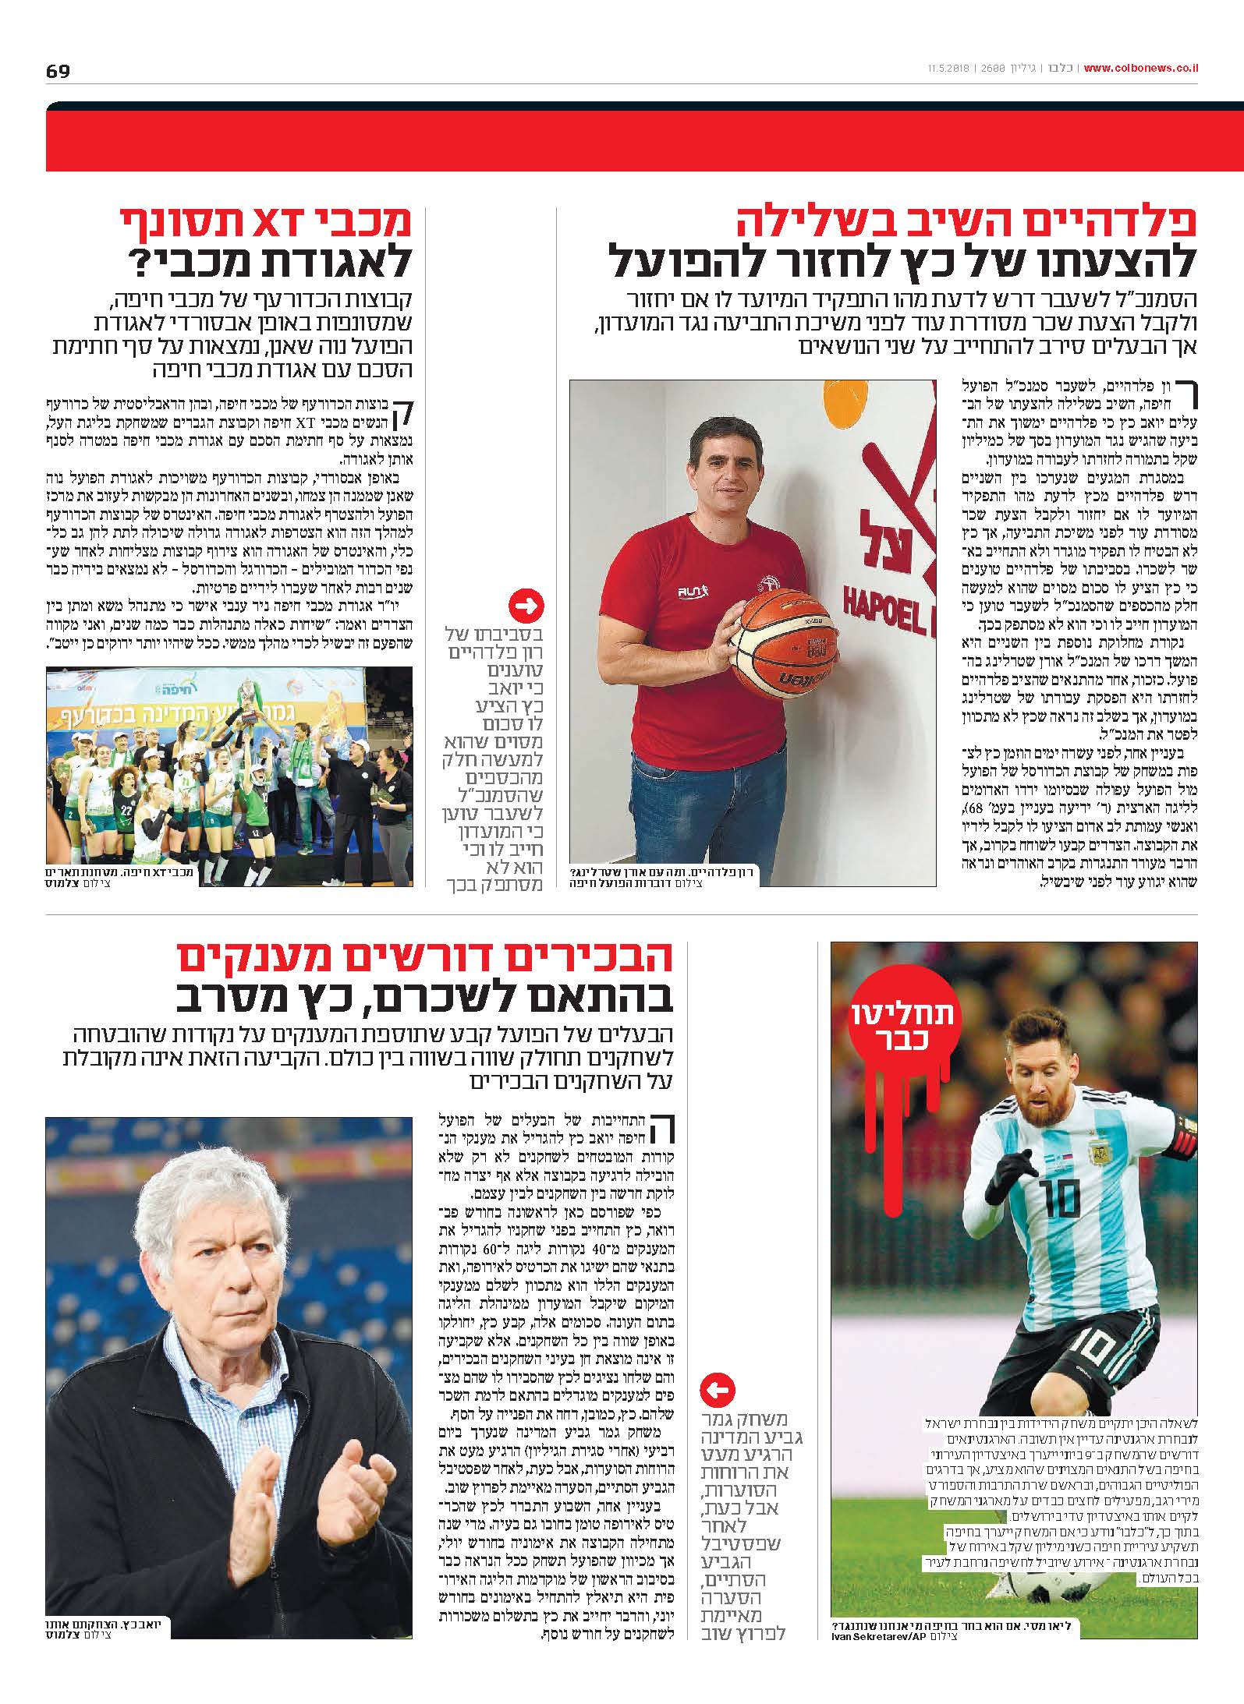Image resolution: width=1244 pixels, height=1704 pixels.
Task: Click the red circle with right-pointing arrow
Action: click(526, 605)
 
